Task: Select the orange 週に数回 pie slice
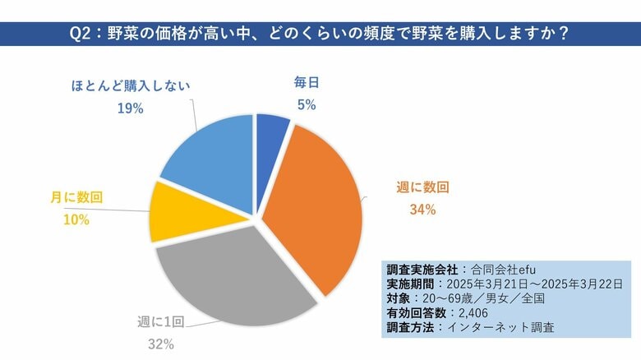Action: coord(316,201)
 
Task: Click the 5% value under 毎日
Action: coord(306,104)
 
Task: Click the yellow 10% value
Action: coord(76,219)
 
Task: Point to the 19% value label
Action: coord(131,108)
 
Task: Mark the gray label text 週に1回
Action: coord(156,323)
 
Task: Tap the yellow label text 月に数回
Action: coord(76,198)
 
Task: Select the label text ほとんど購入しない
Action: coord(130,85)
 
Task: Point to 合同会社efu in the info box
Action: coord(510,269)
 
